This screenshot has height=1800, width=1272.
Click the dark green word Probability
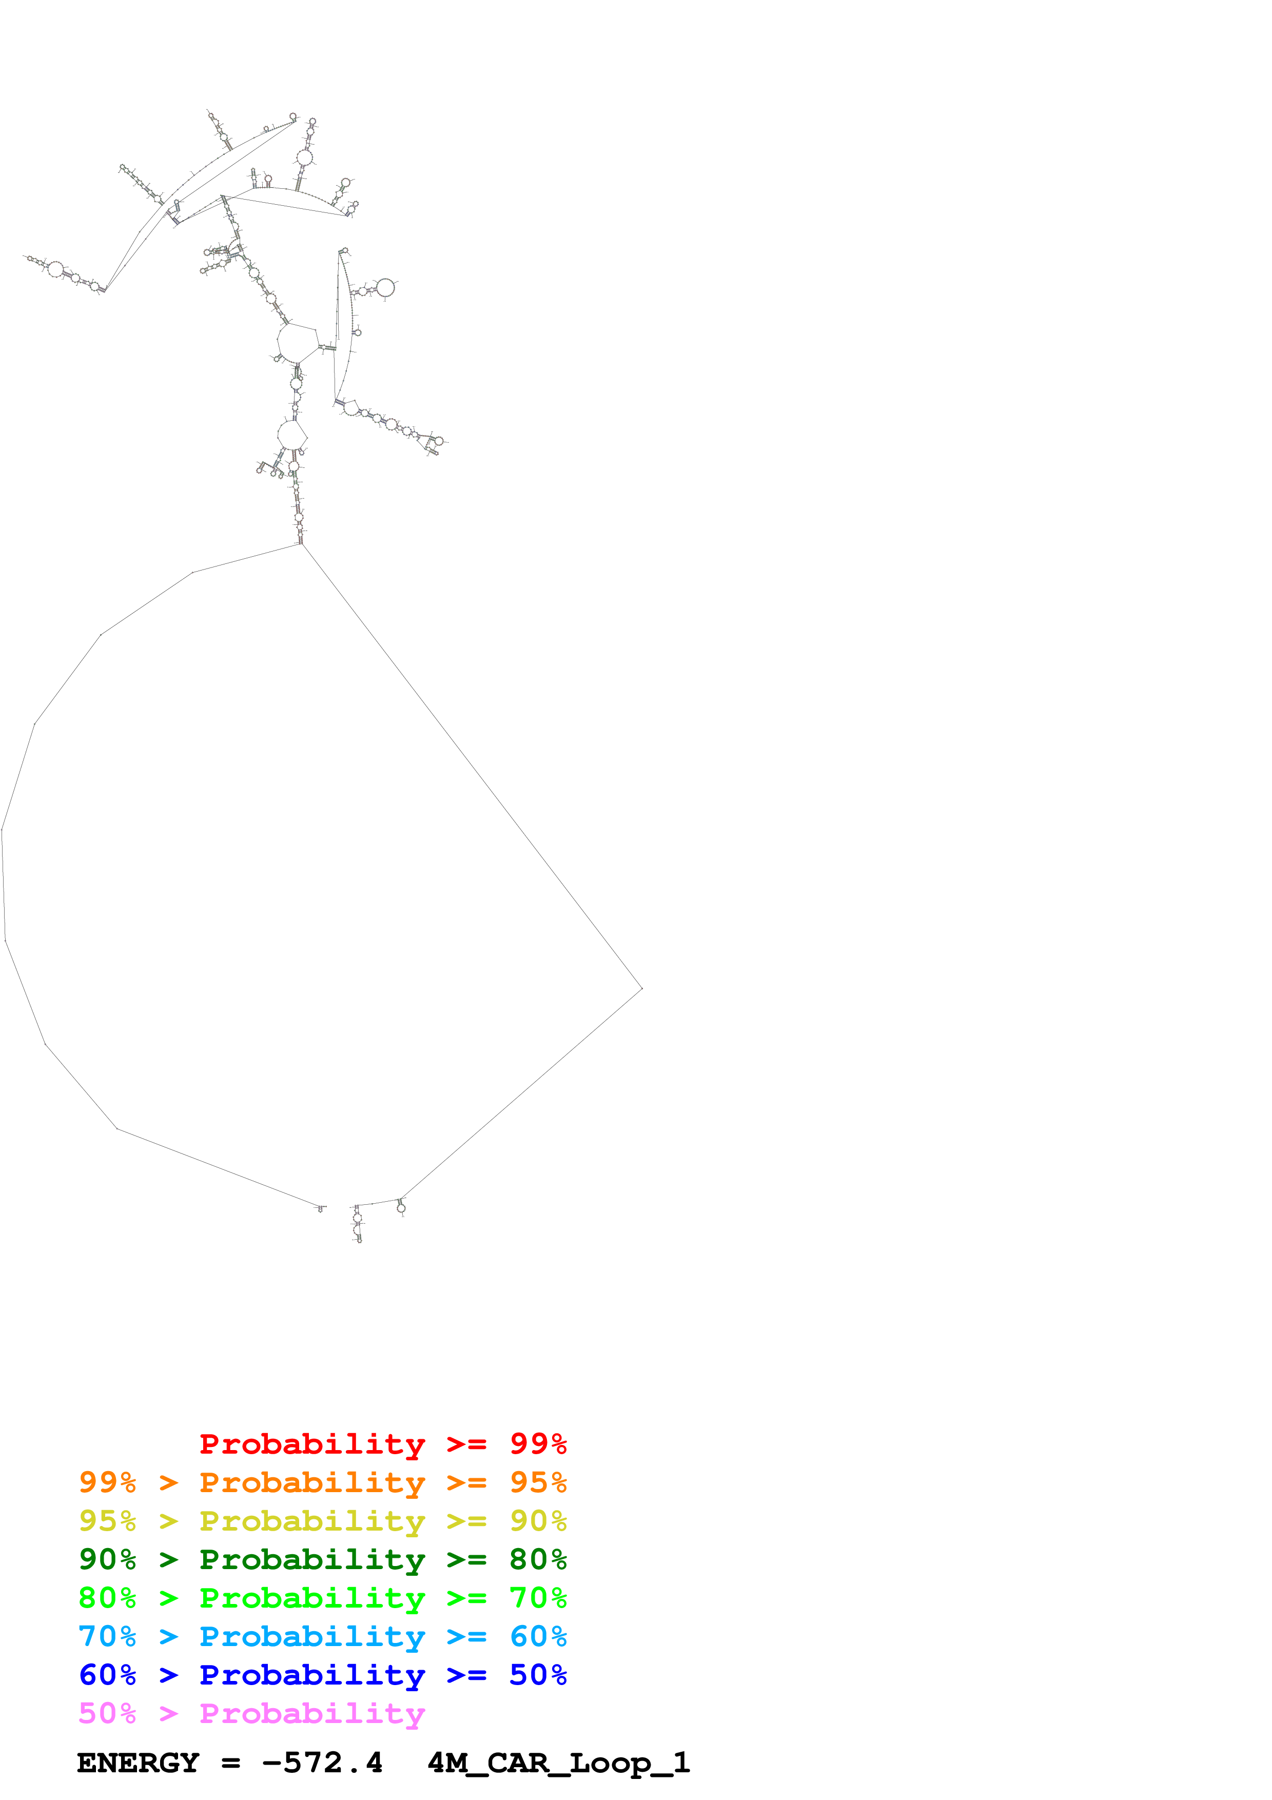312,1559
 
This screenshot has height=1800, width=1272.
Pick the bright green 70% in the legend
538,1598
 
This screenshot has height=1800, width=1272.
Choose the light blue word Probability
312,1636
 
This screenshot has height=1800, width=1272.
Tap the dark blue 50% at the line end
538,1675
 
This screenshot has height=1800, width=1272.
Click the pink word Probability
312,1714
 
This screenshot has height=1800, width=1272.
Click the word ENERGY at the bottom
138,1763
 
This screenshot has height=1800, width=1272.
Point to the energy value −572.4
322,1763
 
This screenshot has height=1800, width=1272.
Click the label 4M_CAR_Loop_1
558,1763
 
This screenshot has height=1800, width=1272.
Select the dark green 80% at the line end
538,1559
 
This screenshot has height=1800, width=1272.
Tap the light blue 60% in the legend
538,1636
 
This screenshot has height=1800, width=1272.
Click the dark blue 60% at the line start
107,1675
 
